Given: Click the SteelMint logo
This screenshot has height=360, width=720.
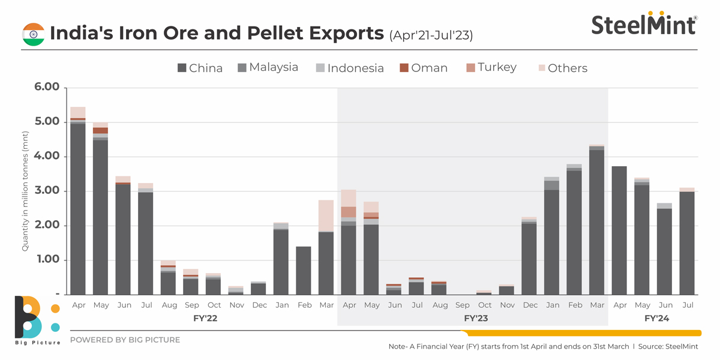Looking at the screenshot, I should pos(644,25).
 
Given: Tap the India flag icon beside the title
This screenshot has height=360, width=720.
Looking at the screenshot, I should pos(34,34).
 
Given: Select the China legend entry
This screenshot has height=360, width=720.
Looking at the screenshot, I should pos(200,68).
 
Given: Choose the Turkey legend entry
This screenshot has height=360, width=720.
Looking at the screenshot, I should pos(490,67).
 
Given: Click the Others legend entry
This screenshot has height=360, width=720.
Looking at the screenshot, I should pos(561,68).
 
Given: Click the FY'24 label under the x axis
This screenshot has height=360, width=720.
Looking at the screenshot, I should pos(656,319).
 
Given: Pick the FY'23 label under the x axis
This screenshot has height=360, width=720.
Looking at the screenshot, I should pos(475,319).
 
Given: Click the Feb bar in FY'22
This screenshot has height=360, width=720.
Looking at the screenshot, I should pos(304,270).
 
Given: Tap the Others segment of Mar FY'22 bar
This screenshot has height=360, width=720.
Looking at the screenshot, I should pos(326,215).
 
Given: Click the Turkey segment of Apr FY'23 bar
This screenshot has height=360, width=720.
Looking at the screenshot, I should pos(349,212).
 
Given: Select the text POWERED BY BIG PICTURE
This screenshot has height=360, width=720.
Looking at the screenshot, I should pos(125,340).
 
